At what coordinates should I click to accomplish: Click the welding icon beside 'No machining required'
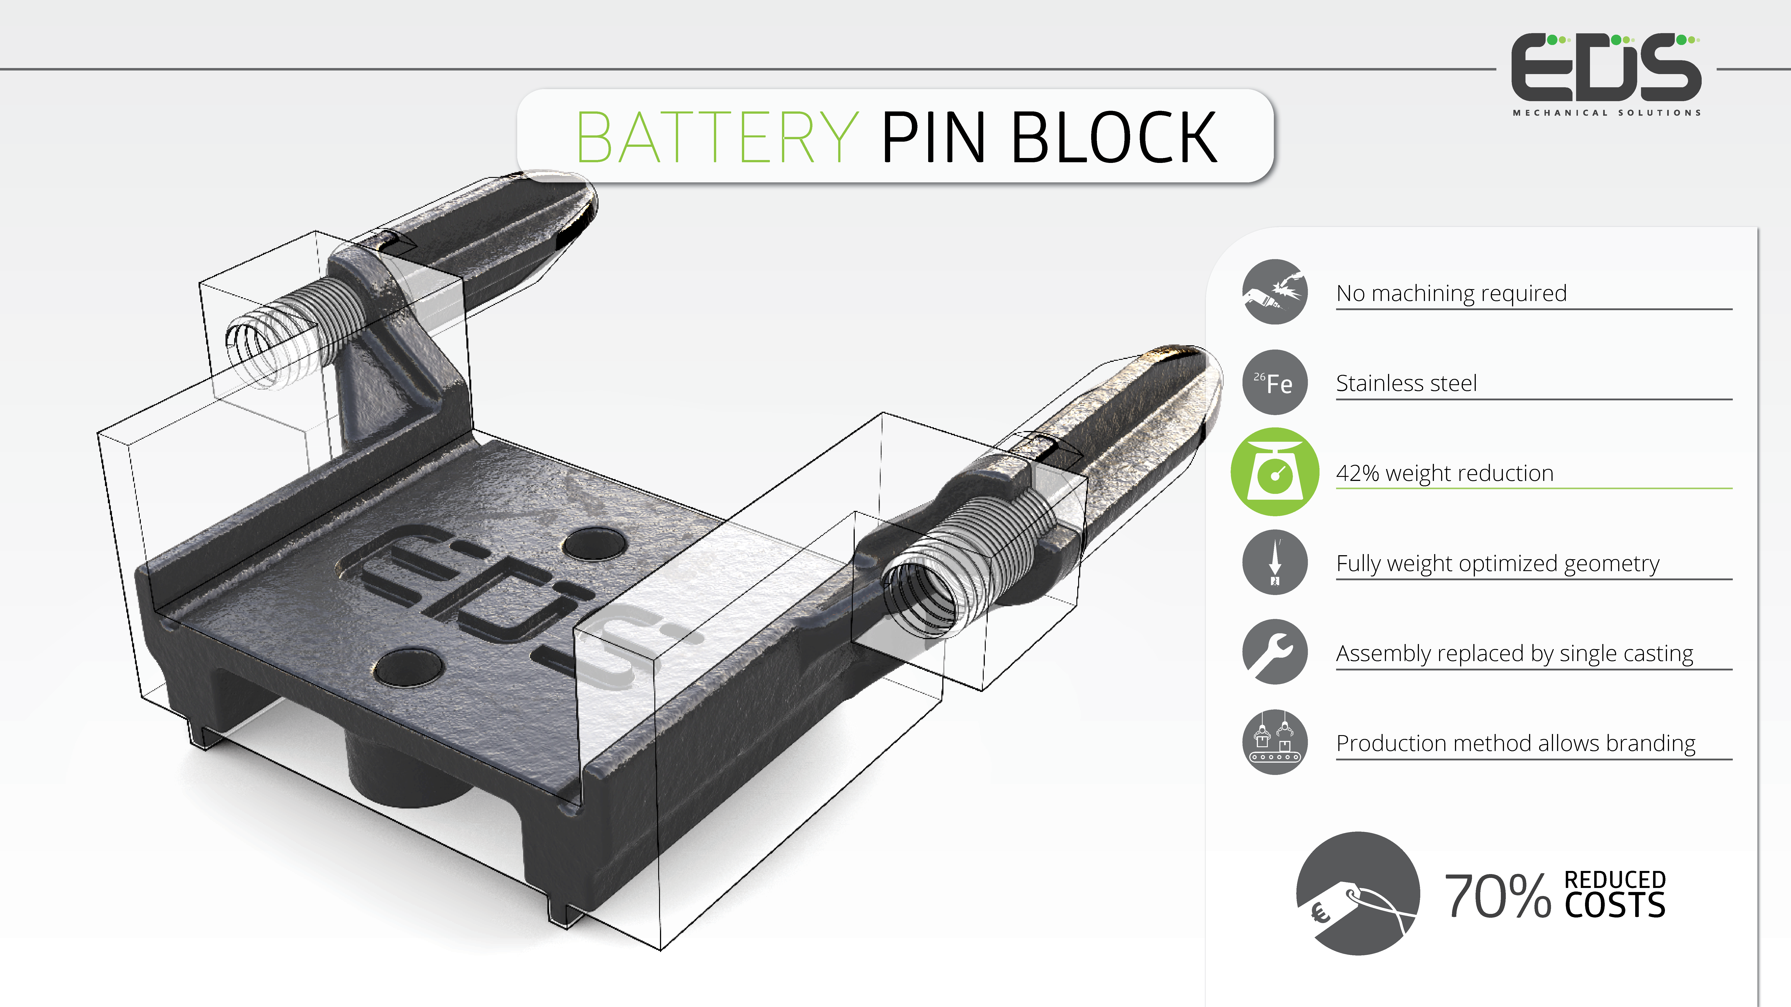(x=1275, y=292)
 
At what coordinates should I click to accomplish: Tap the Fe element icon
(x=1275, y=382)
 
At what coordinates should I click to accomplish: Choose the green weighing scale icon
(x=1275, y=472)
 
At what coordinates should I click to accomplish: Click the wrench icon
(x=1275, y=652)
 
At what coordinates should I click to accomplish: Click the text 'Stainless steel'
(x=1406, y=383)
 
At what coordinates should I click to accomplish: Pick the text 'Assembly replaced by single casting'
(x=1514, y=653)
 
